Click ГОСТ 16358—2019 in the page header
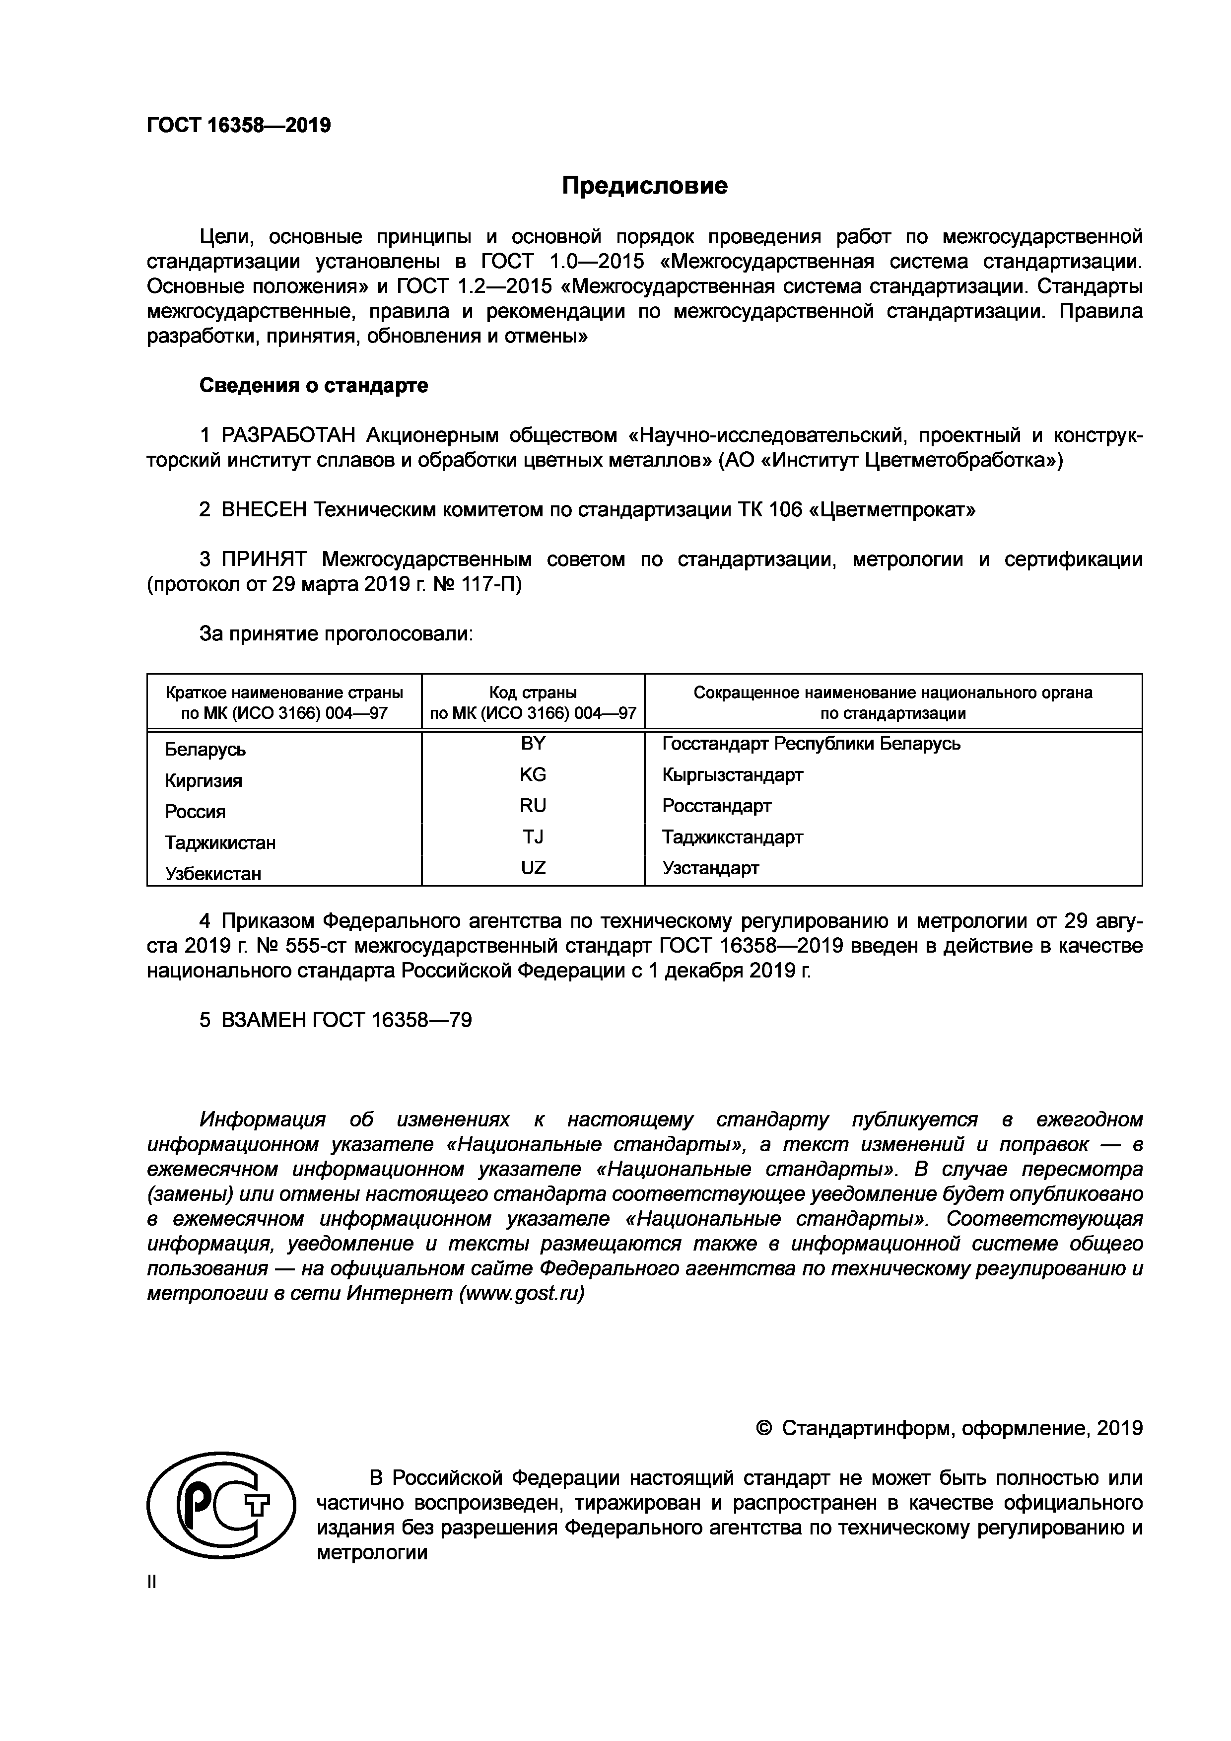point(239,125)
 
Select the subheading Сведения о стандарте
point(313,386)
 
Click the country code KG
point(533,775)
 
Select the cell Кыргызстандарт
point(732,775)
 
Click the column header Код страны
point(533,693)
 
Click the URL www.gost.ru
point(522,1294)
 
